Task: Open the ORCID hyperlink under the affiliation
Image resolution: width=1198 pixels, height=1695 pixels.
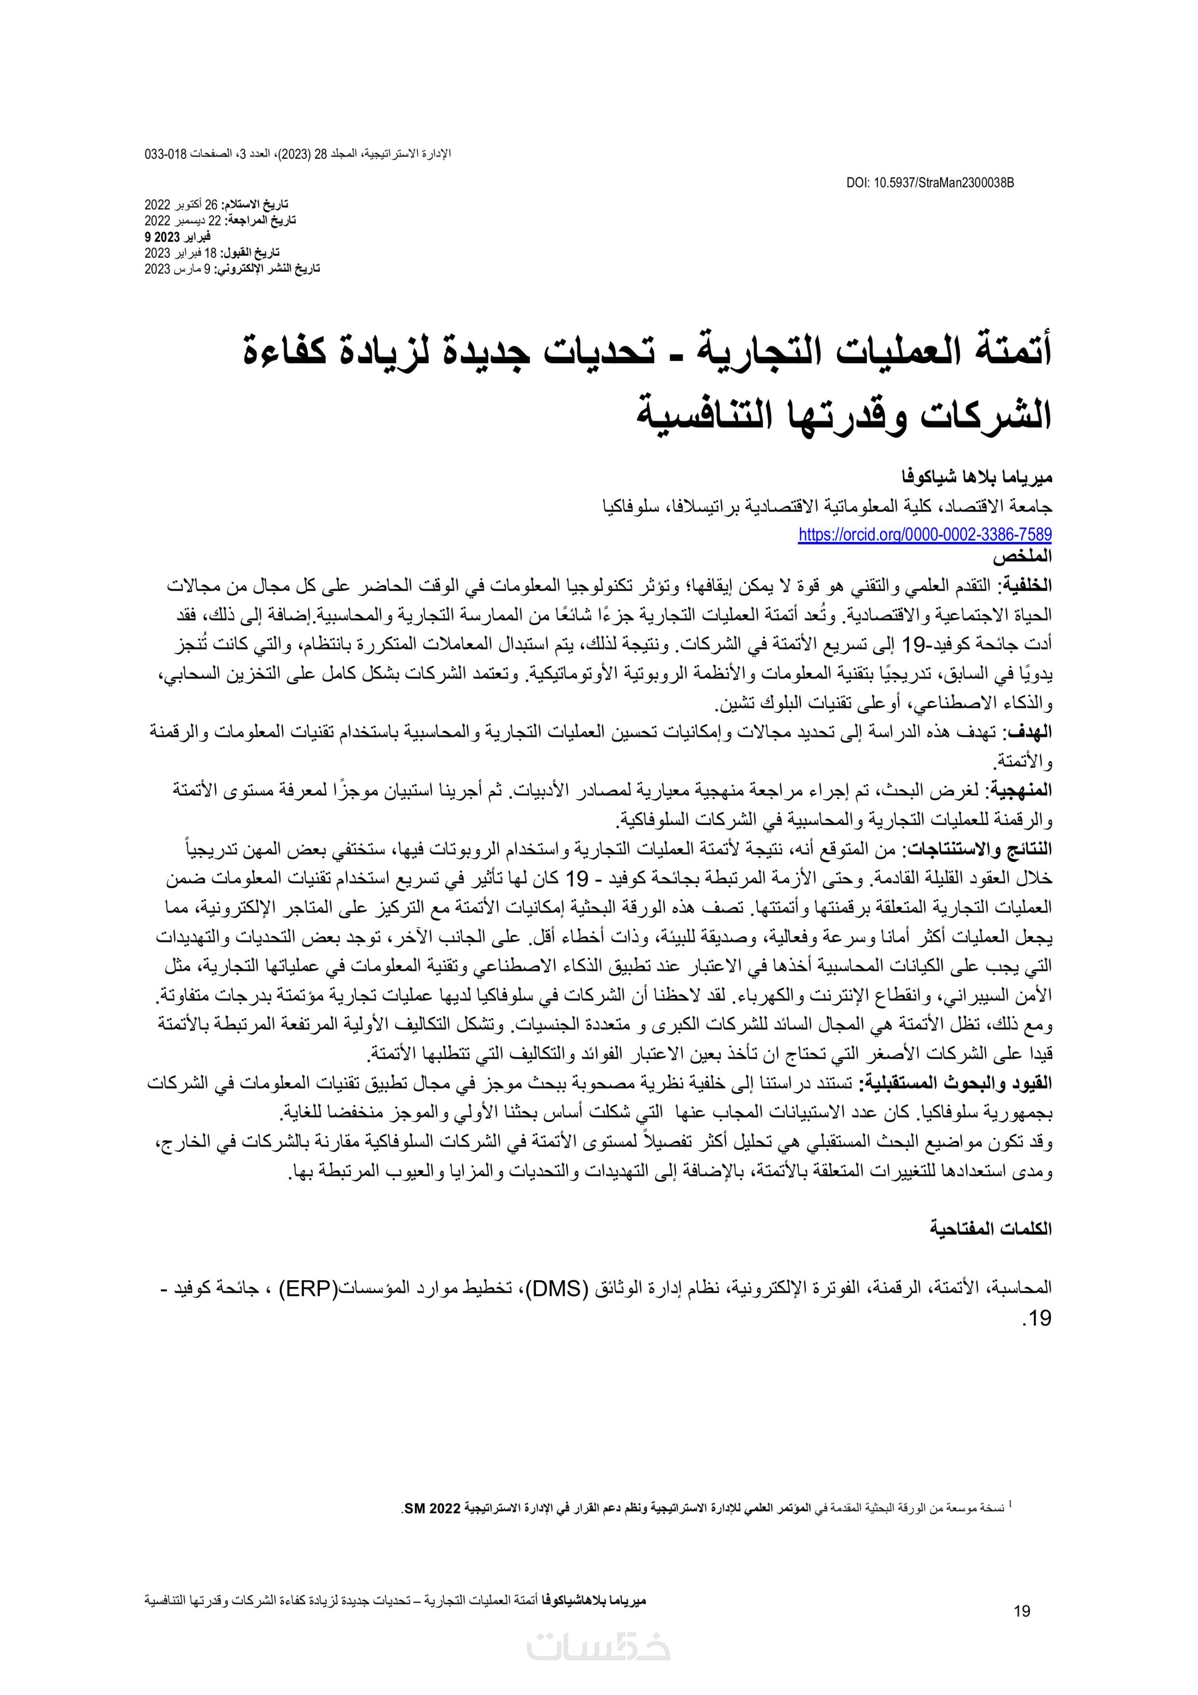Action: tap(924, 534)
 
